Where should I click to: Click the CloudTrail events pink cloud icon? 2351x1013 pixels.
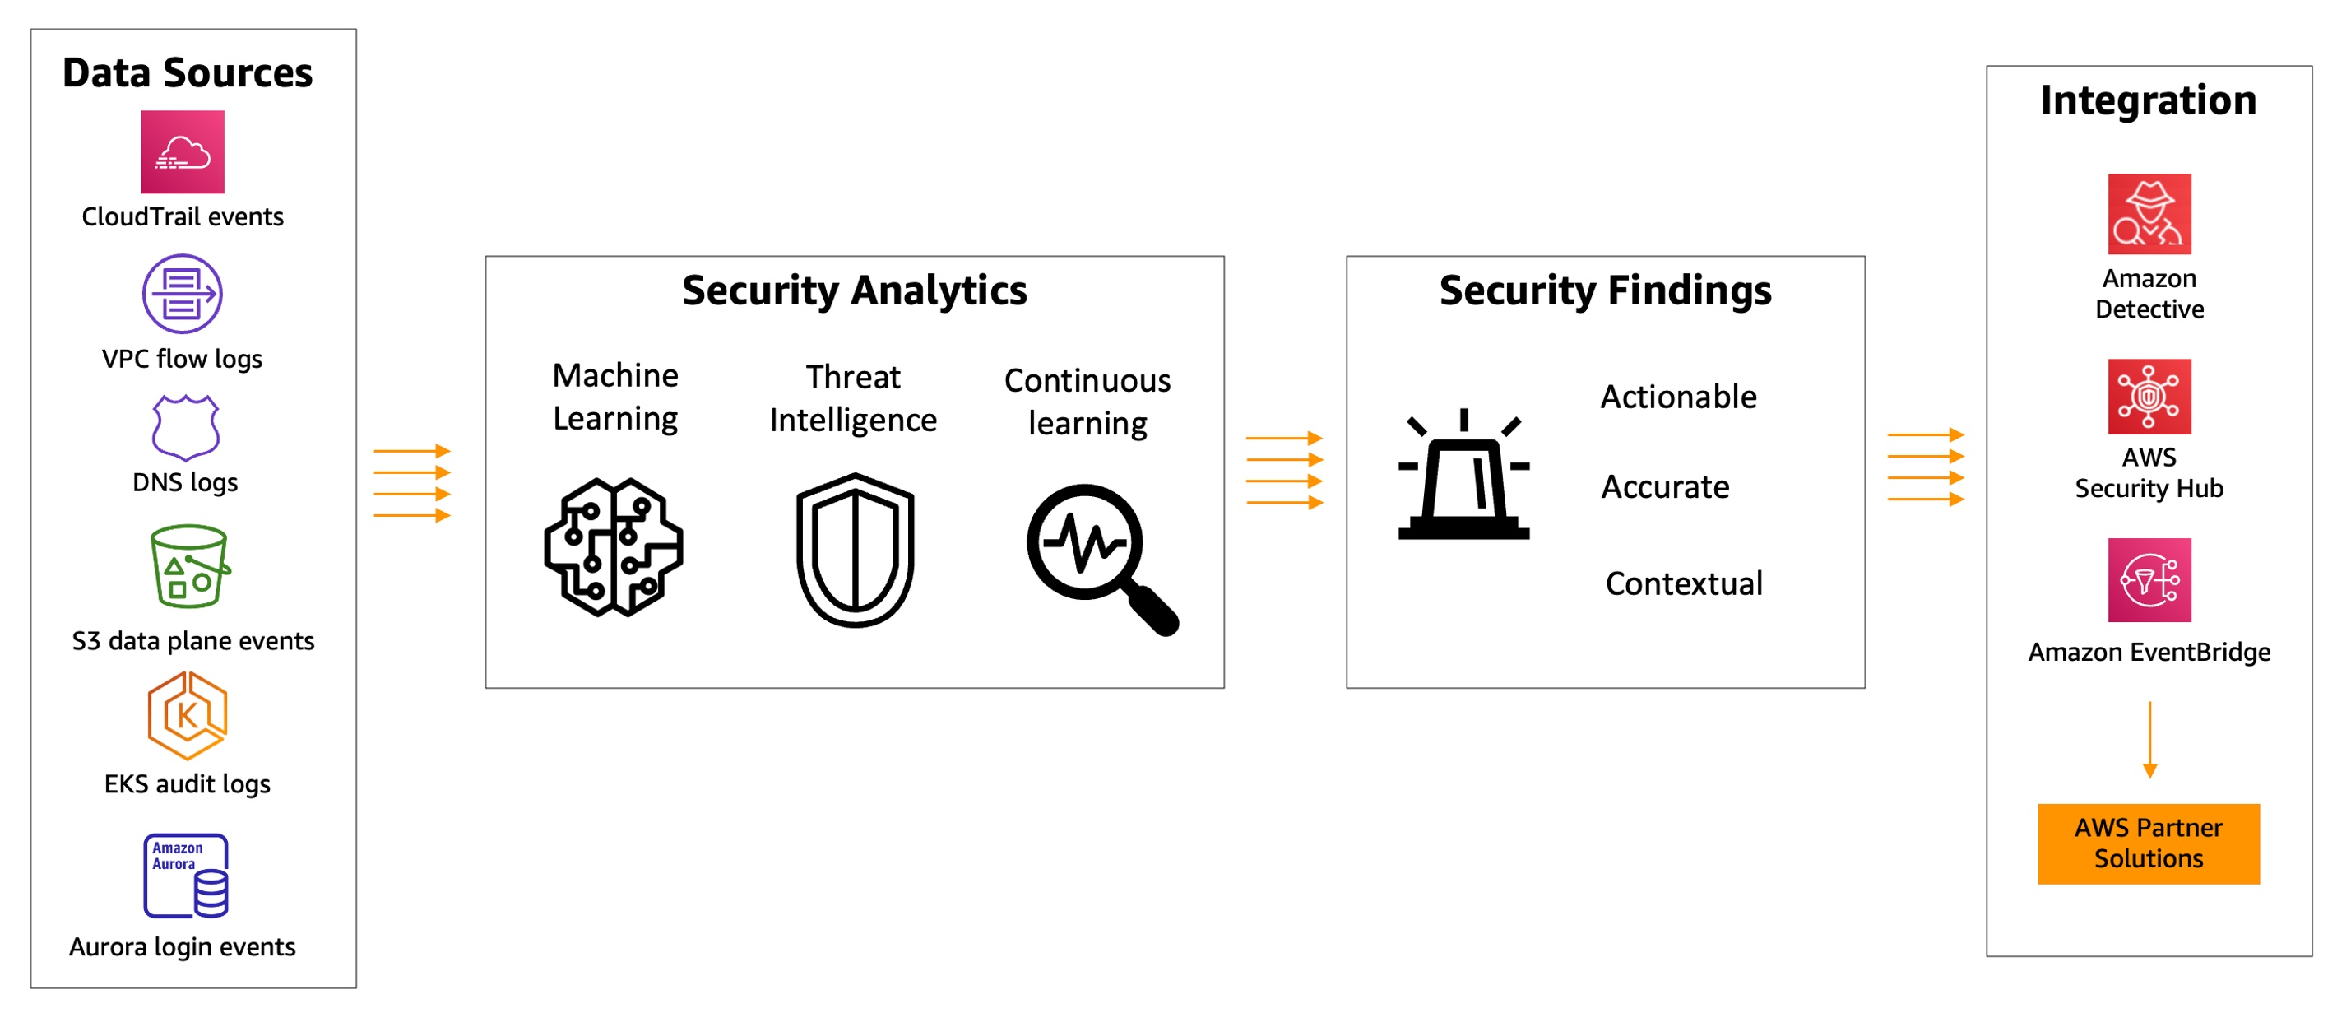point(183,151)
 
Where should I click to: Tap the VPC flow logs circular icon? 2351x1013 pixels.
point(182,294)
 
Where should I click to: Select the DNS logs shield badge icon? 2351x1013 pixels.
point(185,427)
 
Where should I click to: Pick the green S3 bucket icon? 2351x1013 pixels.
point(189,566)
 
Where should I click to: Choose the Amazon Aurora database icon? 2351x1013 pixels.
point(186,876)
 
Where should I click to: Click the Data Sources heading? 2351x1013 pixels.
point(187,73)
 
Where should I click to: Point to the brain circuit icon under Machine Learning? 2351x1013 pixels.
point(614,547)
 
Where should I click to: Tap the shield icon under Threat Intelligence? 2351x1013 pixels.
point(856,551)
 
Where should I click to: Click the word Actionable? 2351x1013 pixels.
point(1678,397)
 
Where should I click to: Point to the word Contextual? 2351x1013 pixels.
point(1684,583)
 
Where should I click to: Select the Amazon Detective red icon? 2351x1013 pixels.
point(2149,214)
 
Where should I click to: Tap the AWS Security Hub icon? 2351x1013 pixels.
point(2149,397)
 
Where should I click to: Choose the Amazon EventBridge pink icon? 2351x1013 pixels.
point(2149,579)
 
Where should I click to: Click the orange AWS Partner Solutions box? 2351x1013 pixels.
point(2149,843)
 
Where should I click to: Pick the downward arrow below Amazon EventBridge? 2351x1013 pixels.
point(2149,739)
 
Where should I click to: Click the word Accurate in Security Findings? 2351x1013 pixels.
point(1665,486)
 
